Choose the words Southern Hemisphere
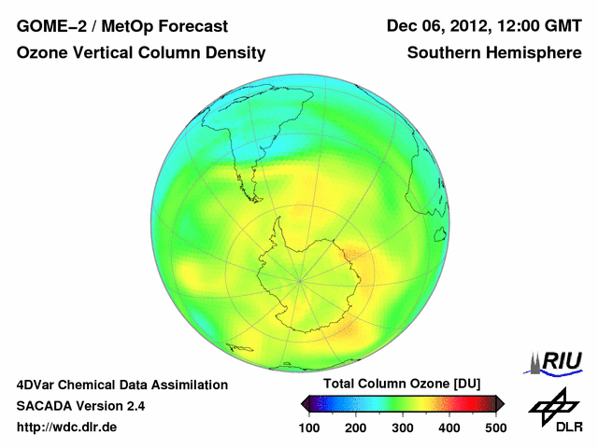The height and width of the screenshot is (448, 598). coord(494,53)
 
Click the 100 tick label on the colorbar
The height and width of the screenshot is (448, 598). coord(309,427)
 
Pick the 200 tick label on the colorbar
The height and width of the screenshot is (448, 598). coord(355,427)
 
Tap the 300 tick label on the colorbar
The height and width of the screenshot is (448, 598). coord(402,427)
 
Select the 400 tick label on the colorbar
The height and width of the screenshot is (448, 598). coord(448,427)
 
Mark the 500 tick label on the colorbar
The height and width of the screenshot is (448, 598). coord(495,427)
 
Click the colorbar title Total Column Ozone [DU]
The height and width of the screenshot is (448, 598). coord(402,385)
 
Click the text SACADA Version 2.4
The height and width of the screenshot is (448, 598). coord(80,406)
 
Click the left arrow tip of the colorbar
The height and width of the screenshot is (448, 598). coord(304,403)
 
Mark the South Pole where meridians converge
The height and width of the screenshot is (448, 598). coord(300,279)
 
